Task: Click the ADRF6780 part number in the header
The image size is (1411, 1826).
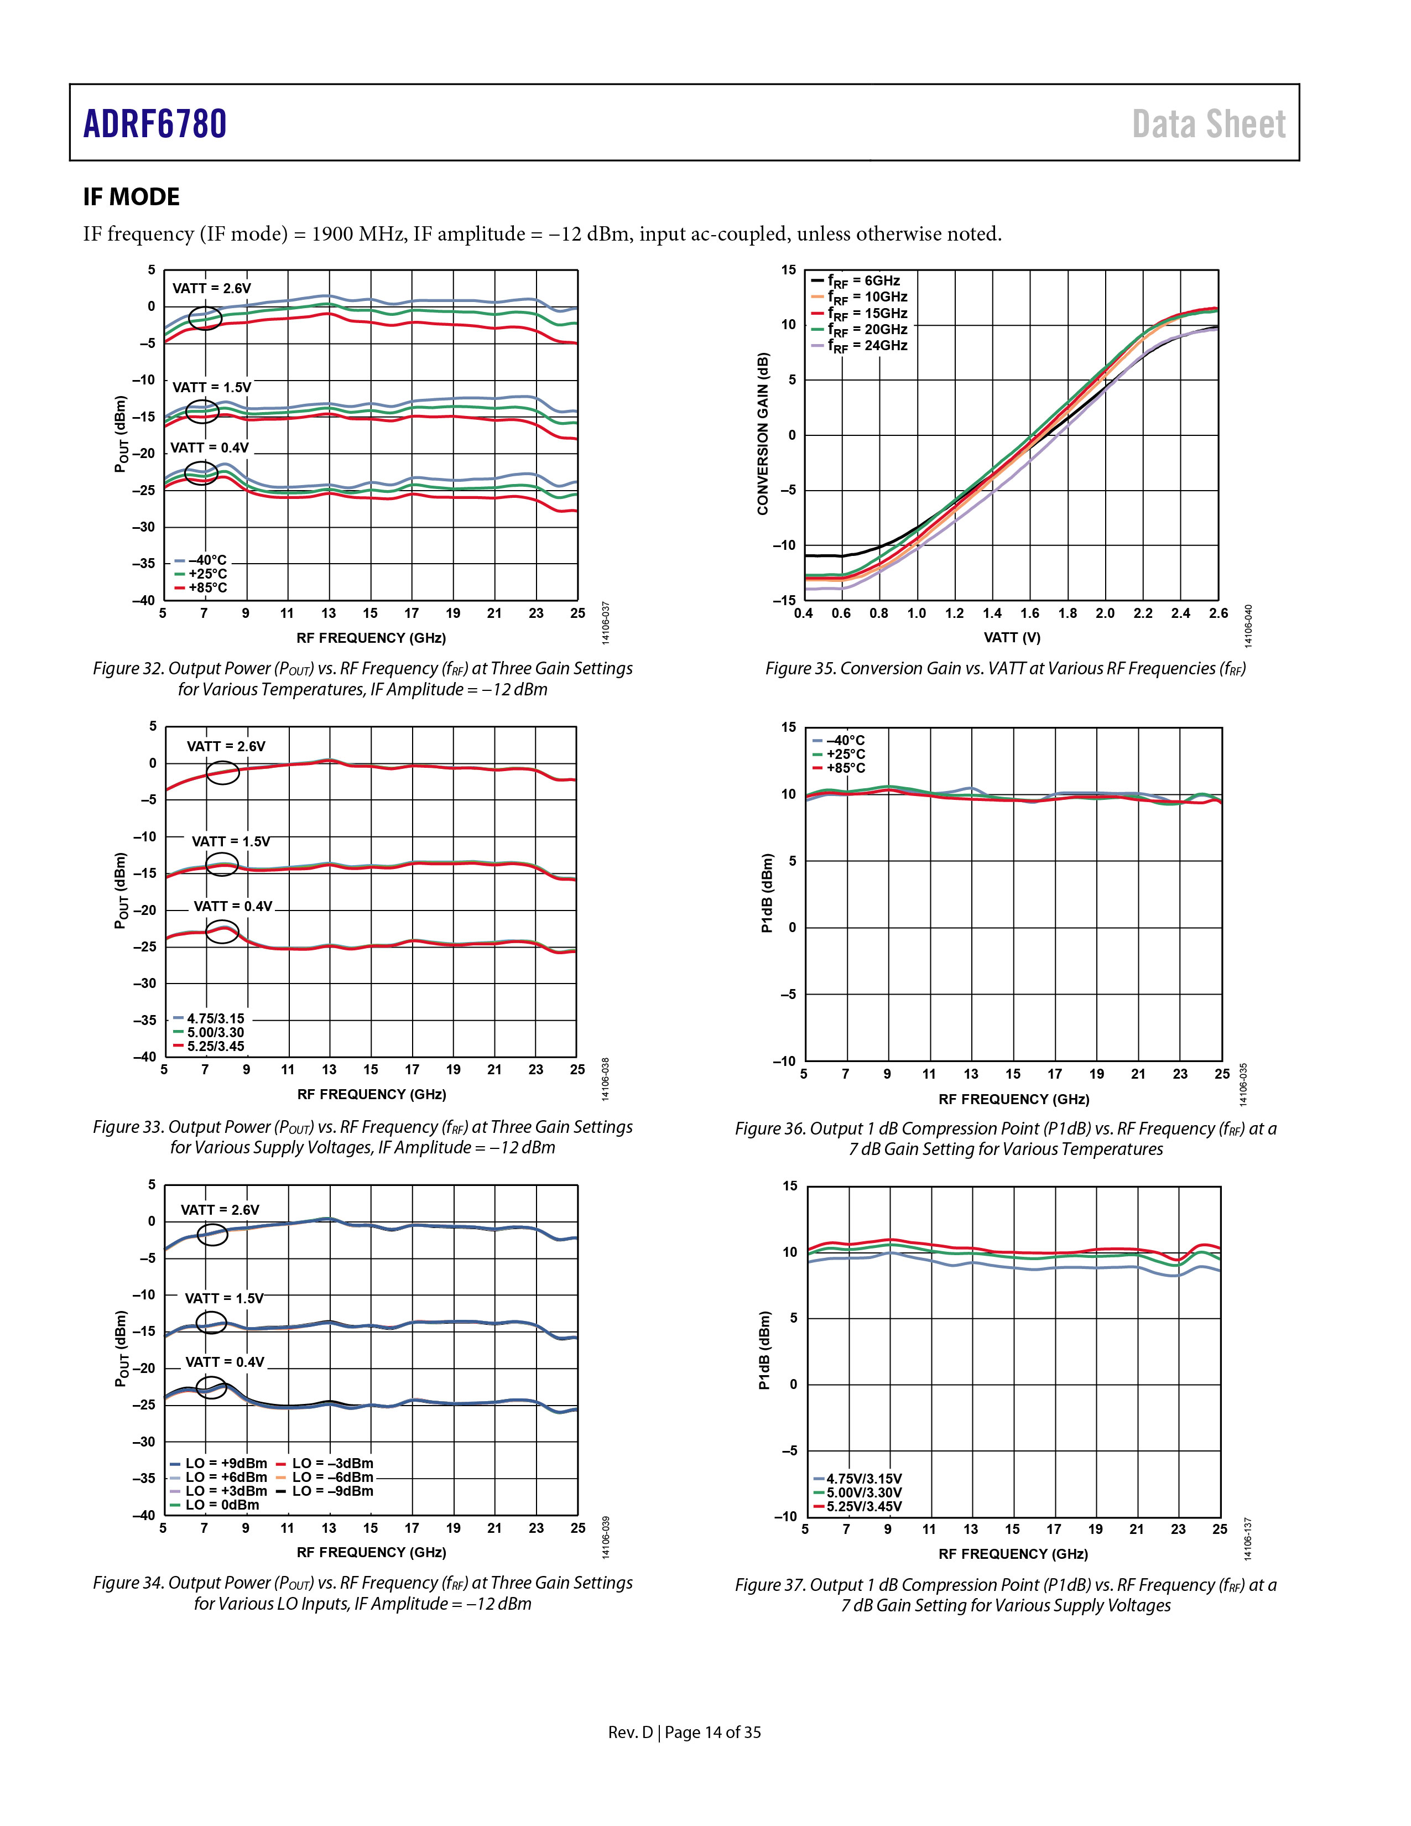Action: click(155, 124)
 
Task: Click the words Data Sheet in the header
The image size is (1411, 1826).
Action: click(1209, 124)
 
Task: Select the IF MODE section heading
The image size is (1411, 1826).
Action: click(131, 197)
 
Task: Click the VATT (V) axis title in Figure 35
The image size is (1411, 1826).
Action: click(1012, 637)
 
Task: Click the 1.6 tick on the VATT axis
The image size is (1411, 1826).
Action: click(1030, 613)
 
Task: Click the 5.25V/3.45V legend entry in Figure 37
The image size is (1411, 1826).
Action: click(858, 1507)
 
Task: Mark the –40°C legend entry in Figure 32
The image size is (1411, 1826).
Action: click(201, 560)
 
